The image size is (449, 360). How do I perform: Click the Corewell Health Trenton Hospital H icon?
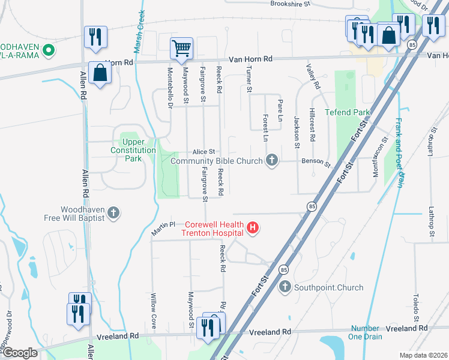(x=253, y=227)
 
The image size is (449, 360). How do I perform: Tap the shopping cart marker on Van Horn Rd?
(x=181, y=48)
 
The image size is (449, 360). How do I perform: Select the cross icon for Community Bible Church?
(x=272, y=160)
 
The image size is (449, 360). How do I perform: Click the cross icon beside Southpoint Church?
(x=285, y=287)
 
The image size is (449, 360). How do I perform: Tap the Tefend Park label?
(x=347, y=112)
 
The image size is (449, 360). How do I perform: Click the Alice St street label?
(x=203, y=152)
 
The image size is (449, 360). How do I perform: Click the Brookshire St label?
(x=289, y=4)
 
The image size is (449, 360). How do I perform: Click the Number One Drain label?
(x=365, y=332)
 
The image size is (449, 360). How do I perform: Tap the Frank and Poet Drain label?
(x=399, y=152)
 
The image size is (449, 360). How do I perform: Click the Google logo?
(x=20, y=353)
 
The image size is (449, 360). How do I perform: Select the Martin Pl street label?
(x=163, y=228)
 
